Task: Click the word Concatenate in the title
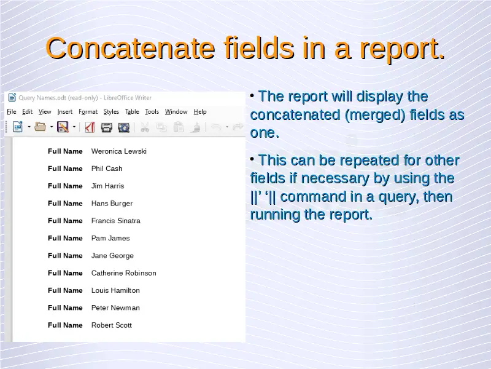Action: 130,49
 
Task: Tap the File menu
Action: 12,112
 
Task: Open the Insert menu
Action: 65,112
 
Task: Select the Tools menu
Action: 152,112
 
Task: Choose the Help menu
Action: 200,112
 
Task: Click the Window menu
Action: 176,112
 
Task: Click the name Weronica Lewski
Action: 119,151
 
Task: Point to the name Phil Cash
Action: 107,169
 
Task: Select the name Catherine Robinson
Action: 124,273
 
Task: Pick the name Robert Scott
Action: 112,325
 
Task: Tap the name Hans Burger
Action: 112,204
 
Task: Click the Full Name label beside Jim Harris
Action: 65,186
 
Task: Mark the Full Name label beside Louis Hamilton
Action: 65,290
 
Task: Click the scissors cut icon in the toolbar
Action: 145,127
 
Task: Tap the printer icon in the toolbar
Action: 106,127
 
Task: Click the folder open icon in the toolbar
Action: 40,127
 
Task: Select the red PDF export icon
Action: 90,127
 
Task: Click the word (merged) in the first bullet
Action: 375,115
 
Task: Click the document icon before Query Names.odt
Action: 12,98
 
